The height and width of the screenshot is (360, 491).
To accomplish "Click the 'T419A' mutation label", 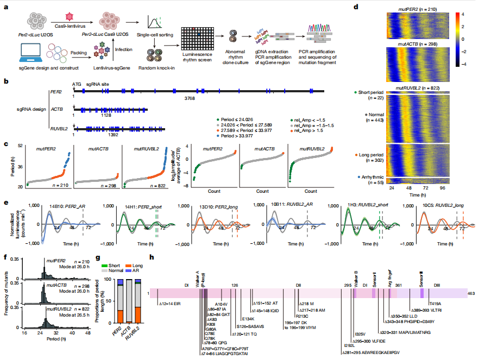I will click(436, 303).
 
